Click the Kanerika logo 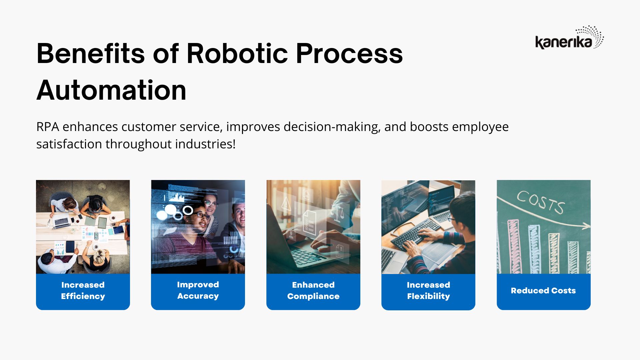[x=569, y=37]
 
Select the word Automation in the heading [x=111, y=90]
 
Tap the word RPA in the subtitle [x=48, y=127]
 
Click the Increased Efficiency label [x=83, y=290]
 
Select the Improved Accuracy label [x=198, y=290]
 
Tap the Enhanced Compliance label [x=313, y=290]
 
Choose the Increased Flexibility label [x=428, y=290]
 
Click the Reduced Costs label [x=543, y=291]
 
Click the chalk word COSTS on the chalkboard [x=540, y=202]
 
